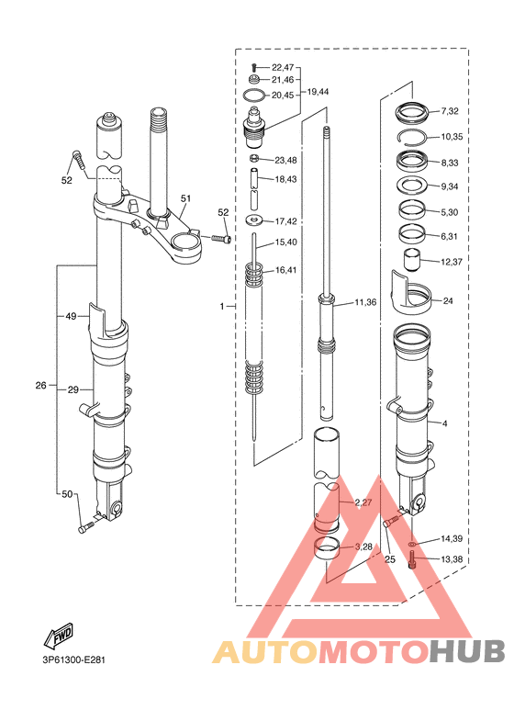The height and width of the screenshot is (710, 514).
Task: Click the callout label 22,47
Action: [x=283, y=67]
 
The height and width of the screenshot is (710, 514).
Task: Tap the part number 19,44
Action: [x=318, y=92]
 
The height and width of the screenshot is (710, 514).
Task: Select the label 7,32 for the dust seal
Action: [x=450, y=111]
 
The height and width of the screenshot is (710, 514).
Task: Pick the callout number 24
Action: [x=448, y=300]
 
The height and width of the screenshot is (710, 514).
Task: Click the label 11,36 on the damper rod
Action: [x=365, y=302]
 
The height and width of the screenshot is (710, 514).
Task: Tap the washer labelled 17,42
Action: [x=255, y=220]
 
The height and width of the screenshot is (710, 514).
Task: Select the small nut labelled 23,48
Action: [x=254, y=159]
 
